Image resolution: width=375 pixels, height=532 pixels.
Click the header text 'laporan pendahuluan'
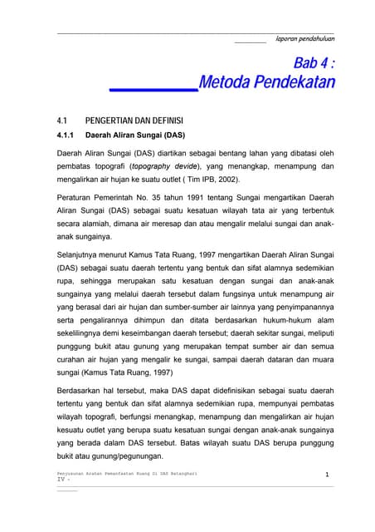(x=305, y=38)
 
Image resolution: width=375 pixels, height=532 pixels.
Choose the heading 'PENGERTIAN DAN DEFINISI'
(x=134, y=120)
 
